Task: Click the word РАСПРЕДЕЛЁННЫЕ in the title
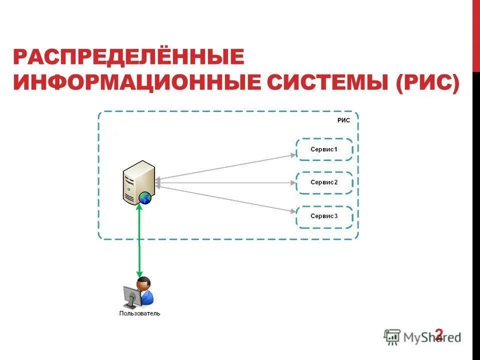click(x=129, y=57)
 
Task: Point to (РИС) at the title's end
click(x=427, y=82)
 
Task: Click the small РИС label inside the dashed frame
click(x=344, y=120)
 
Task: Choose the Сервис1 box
click(x=324, y=149)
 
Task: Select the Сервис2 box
click(x=324, y=182)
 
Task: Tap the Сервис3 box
click(x=324, y=216)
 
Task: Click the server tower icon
click(x=138, y=181)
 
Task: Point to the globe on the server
click(x=145, y=198)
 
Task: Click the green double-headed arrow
click(x=139, y=240)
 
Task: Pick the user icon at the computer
click(x=138, y=292)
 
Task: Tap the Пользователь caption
click(x=139, y=314)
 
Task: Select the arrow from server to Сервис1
click(x=225, y=166)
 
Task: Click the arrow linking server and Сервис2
click(x=225, y=182)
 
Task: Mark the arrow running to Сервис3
click(x=225, y=199)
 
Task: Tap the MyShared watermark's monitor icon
click(x=392, y=337)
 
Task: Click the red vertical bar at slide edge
click(x=476, y=35)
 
